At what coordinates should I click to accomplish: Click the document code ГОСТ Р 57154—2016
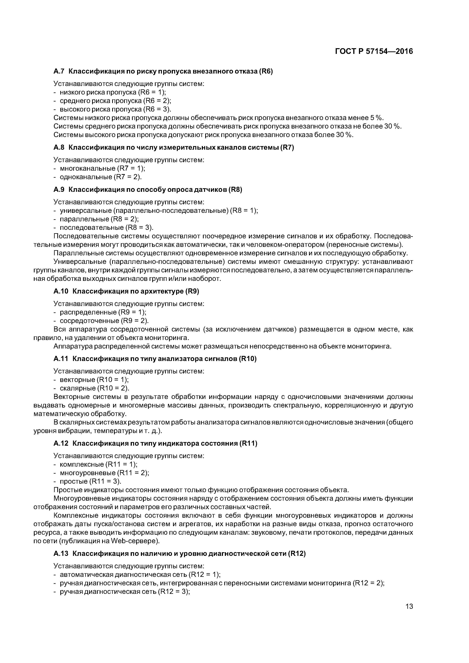(374, 51)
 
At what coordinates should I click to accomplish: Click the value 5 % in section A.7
(376, 118)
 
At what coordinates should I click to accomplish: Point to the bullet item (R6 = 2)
(157, 101)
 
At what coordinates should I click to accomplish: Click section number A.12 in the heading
(61, 443)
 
